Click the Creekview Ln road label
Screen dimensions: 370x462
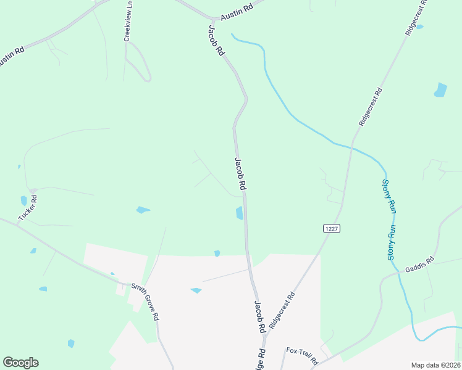point(128,21)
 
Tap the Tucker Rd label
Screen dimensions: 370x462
point(28,208)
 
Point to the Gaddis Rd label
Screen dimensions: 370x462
point(420,265)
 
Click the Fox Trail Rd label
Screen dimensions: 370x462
point(302,355)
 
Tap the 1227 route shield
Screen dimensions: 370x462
point(332,228)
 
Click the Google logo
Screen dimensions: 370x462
point(20,363)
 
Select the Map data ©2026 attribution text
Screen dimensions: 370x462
point(435,365)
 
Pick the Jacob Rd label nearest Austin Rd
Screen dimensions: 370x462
point(216,41)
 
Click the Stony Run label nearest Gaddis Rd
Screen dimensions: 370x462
point(392,242)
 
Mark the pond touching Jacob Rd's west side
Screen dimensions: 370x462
point(240,213)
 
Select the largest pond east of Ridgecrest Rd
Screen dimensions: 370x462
point(440,90)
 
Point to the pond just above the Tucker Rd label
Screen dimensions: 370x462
point(24,200)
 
